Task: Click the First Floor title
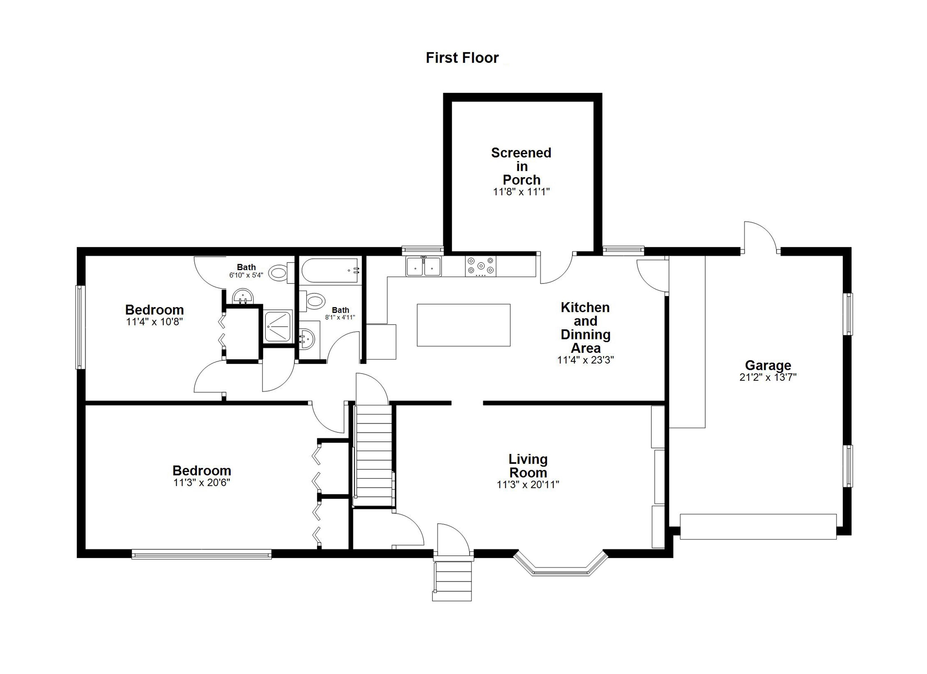(462, 58)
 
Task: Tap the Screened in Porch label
(521, 166)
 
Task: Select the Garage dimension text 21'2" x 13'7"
(768, 377)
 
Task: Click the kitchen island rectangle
(463, 325)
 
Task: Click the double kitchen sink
(423, 266)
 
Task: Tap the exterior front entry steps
(452, 580)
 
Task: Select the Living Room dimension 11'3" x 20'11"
(528, 485)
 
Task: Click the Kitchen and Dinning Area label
(585, 327)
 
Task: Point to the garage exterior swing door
(760, 237)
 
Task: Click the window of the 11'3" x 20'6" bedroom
(202, 554)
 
